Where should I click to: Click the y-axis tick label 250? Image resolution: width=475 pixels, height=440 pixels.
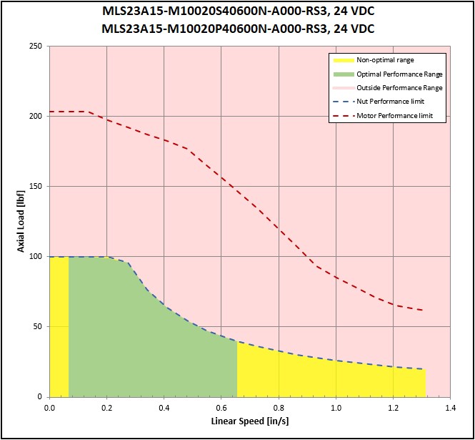pyautogui.click(x=36, y=46)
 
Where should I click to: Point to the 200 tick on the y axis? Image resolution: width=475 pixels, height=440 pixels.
pyautogui.click(x=36, y=116)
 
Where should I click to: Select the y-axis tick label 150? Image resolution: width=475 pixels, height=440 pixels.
pyautogui.click(x=36, y=186)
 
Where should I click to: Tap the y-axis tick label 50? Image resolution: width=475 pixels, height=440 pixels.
pyautogui.click(x=38, y=326)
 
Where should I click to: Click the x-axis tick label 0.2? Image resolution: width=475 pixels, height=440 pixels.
pyautogui.click(x=106, y=408)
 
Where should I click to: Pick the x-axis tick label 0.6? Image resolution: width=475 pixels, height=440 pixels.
pyautogui.click(x=221, y=408)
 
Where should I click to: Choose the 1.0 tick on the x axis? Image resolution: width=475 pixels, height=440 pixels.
pyautogui.click(x=336, y=408)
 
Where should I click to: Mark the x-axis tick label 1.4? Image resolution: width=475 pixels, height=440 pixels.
pyautogui.click(x=451, y=408)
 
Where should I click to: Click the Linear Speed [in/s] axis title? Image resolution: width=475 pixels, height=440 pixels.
pyautogui.click(x=250, y=421)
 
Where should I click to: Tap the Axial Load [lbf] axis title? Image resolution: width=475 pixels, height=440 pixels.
pyautogui.click(x=21, y=221)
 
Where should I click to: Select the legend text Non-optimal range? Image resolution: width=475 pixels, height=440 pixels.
pyautogui.click(x=385, y=60)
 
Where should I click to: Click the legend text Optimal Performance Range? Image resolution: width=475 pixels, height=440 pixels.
pyautogui.click(x=399, y=74)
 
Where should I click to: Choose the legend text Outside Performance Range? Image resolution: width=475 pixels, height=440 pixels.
pyautogui.click(x=399, y=88)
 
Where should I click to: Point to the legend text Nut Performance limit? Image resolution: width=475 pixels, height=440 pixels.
pyautogui.click(x=390, y=102)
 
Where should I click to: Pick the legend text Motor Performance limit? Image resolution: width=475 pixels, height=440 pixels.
pyautogui.click(x=395, y=116)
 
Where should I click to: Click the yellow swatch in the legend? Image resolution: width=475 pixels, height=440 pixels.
pyautogui.click(x=344, y=60)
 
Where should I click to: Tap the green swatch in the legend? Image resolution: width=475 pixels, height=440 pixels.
pyautogui.click(x=344, y=74)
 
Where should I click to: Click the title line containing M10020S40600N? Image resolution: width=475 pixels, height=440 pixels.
pyautogui.click(x=238, y=11)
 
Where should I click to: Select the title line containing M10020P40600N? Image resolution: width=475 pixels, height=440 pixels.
pyautogui.click(x=238, y=29)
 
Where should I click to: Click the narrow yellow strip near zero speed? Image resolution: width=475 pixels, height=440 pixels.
pyautogui.click(x=59, y=326)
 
